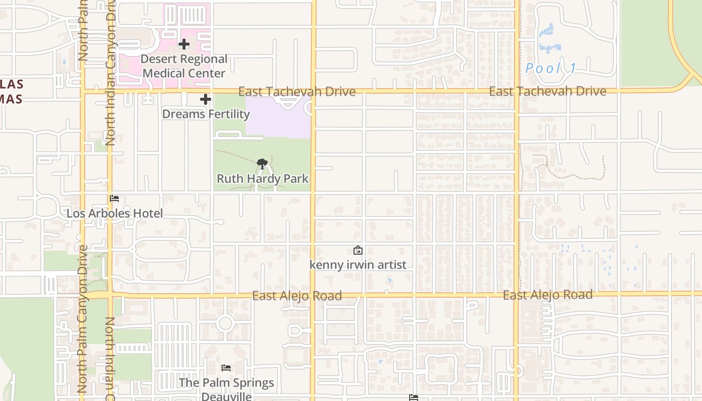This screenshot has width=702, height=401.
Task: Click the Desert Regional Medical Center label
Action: point(184,66)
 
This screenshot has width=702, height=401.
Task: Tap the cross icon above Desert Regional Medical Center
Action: point(184,44)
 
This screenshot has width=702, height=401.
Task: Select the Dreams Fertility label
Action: point(206,114)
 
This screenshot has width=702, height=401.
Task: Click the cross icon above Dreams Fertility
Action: point(206,99)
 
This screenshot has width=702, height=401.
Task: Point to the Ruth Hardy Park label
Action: point(262,179)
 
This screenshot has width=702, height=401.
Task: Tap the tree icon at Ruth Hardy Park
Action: point(262,163)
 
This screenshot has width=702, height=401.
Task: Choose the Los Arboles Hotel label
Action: point(115,214)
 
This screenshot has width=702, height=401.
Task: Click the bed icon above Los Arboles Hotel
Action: point(114,198)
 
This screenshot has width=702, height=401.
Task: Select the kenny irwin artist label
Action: point(358,265)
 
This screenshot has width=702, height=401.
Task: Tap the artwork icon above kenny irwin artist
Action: point(358,250)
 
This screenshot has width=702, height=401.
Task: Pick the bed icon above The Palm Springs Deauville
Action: point(226,368)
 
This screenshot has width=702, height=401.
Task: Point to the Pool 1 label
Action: point(551,69)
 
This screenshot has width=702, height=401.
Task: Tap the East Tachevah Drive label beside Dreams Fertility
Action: point(297,92)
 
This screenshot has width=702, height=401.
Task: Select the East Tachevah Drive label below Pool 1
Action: point(548,91)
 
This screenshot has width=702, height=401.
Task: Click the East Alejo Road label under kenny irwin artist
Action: point(297,296)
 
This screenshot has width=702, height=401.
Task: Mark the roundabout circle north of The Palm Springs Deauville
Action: point(225,323)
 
